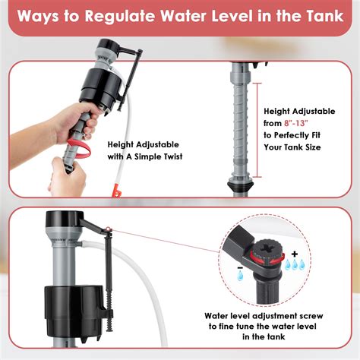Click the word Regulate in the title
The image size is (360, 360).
pos(119,16)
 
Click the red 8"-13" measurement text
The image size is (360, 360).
pos(295,123)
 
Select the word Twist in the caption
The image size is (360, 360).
pos(173,156)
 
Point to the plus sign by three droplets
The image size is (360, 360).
pos(294,254)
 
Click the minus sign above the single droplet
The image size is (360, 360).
pos(240,267)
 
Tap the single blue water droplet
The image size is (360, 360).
pos(240,276)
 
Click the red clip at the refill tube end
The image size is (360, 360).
pos(116,191)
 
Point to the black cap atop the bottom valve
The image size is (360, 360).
pos(64,219)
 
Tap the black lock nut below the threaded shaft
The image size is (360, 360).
pos(240,187)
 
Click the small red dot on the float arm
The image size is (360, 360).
pos(108,229)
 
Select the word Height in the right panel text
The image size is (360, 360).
pos(276,112)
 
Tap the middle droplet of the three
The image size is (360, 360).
pos(295,264)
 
